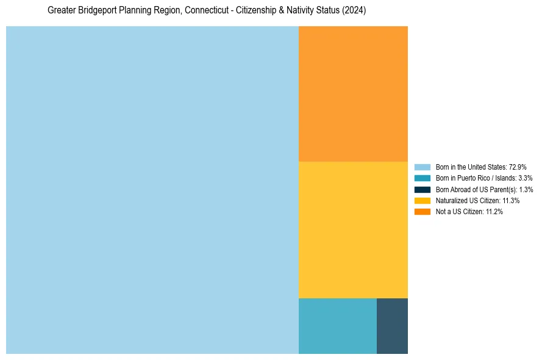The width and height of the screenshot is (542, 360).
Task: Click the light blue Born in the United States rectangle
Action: coord(152,190)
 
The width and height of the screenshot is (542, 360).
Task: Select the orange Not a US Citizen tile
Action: coord(353,93)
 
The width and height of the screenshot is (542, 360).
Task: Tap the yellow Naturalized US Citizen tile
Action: coord(353,229)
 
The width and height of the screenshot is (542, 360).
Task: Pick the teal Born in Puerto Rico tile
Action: coord(337,326)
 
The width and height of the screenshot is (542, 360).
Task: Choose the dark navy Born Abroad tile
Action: coord(392,326)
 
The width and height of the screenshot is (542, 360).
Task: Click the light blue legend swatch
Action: coord(422,167)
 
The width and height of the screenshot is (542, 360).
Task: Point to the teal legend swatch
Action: coord(422,178)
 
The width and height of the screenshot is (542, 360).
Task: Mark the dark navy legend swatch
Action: coord(422,189)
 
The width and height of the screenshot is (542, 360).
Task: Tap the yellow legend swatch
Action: coord(422,200)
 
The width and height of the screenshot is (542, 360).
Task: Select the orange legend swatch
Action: coord(422,211)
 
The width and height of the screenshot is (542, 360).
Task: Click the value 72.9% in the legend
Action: coord(518,167)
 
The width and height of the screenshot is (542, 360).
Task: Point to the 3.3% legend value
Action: coord(525,178)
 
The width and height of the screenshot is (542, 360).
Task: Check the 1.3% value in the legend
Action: coord(526,189)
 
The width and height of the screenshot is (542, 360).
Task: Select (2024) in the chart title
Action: coord(354,11)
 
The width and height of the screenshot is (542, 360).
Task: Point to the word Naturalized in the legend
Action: coord(450,200)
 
